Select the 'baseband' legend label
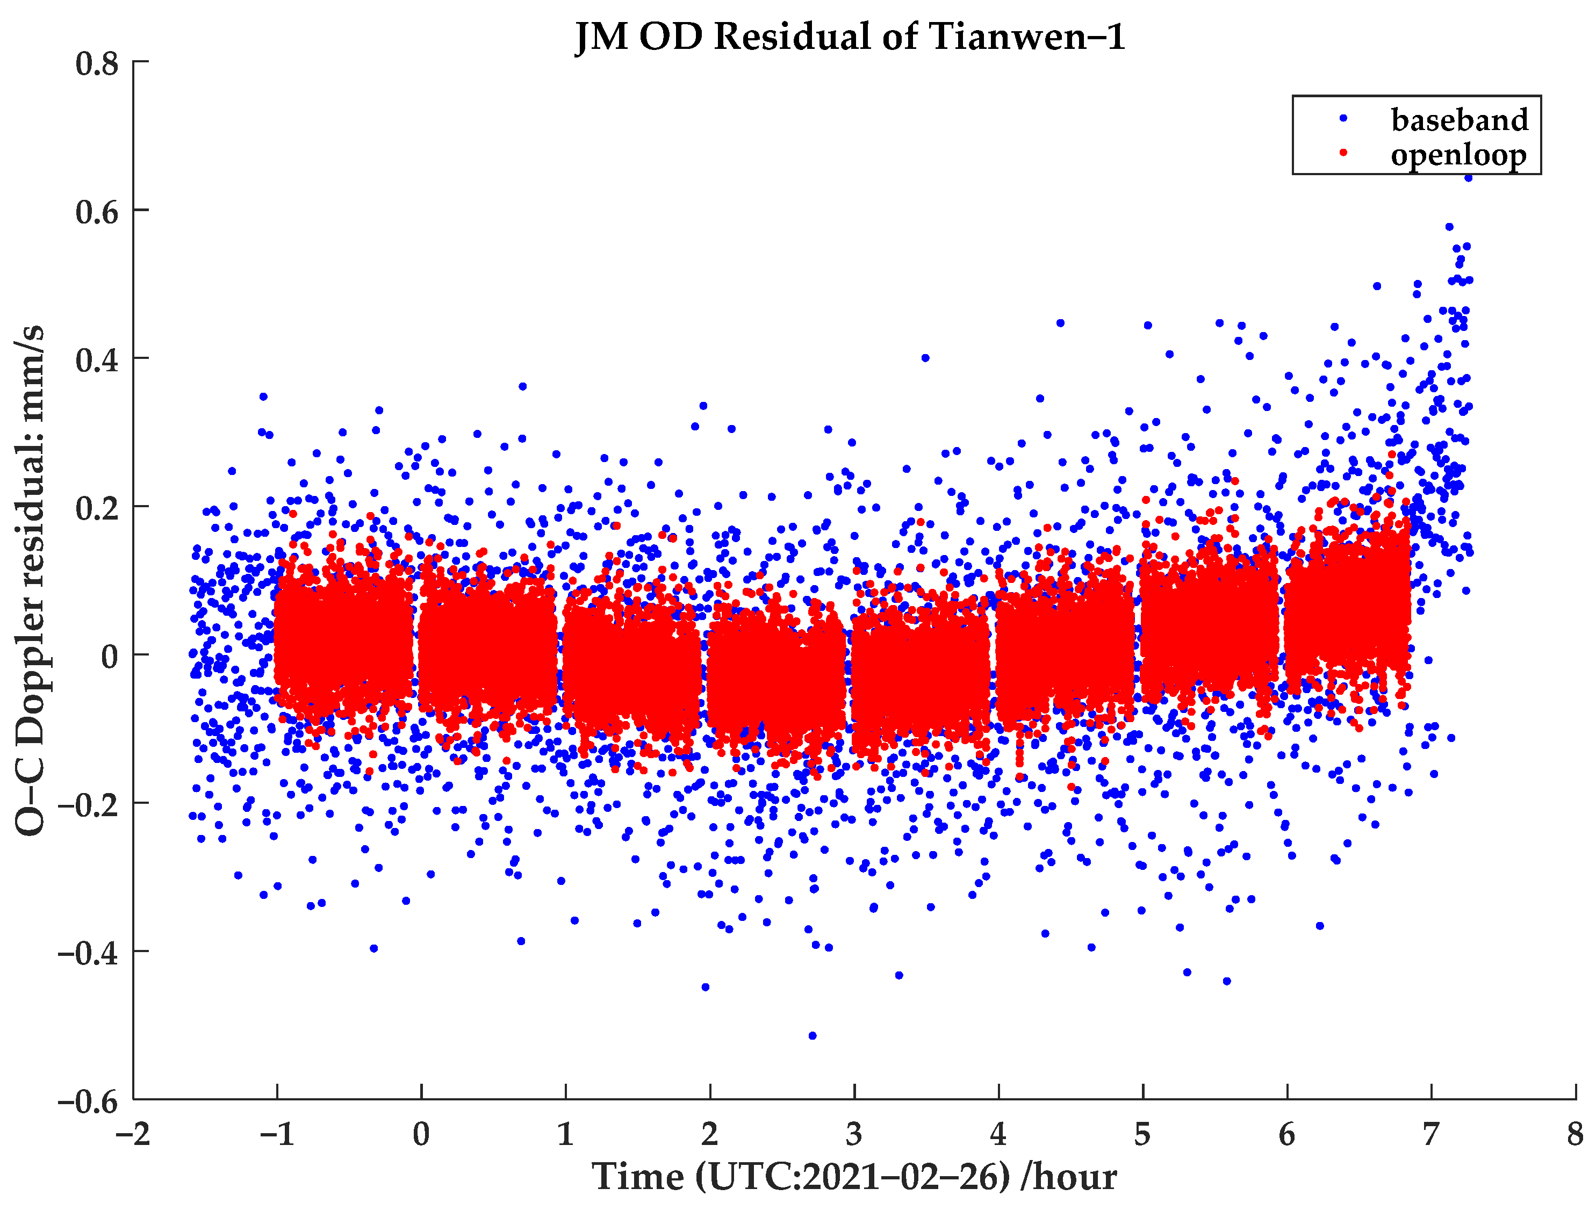click(x=1459, y=120)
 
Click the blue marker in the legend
click(x=1343, y=118)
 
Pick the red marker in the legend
click(x=1343, y=152)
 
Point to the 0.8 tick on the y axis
click(x=97, y=63)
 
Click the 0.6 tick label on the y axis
click(x=97, y=212)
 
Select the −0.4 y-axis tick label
click(x=87, y=953)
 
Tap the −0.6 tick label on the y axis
click(x=87, y=1101)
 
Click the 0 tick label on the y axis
click(x=110, y=657)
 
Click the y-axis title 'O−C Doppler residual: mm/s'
click(x=30, y=581)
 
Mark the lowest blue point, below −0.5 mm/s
click(x=813, y=1035)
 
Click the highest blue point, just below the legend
click(x=1468, y=177)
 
